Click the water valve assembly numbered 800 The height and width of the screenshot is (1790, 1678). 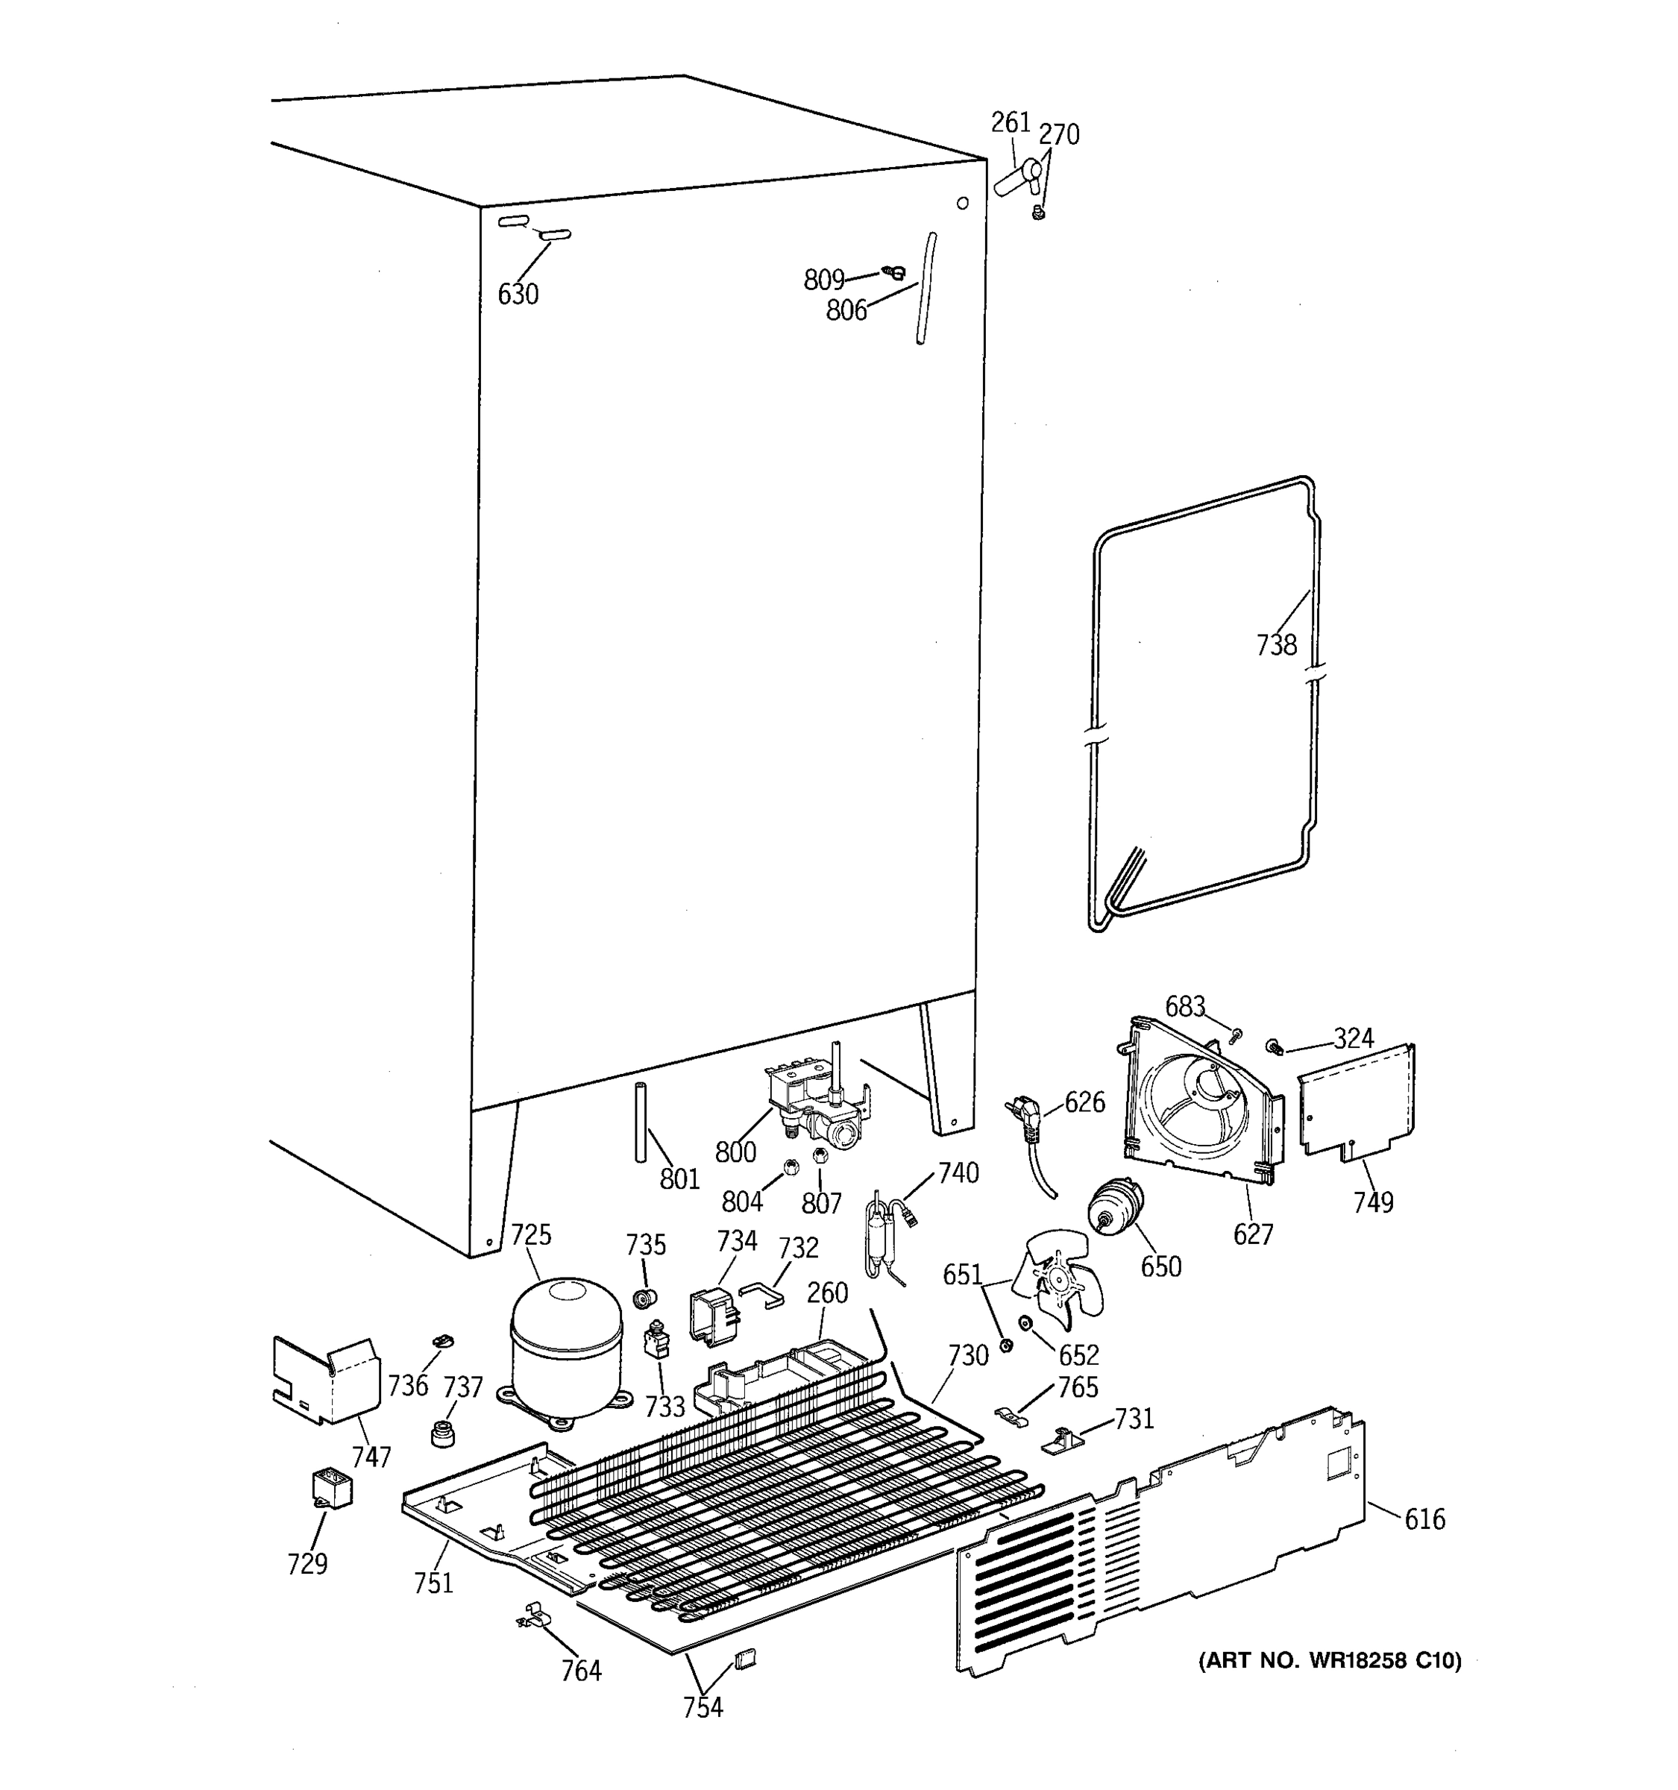point(817,1107)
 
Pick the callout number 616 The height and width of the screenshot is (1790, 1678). point(1424,1519)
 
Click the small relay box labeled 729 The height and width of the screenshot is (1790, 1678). point(330,1487)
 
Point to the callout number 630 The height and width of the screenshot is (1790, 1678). point(518,294)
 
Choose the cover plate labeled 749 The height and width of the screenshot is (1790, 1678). point(1356,1100)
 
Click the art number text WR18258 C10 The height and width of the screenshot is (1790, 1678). point(1330,1660)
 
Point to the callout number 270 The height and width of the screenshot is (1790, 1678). point(1059,134)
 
